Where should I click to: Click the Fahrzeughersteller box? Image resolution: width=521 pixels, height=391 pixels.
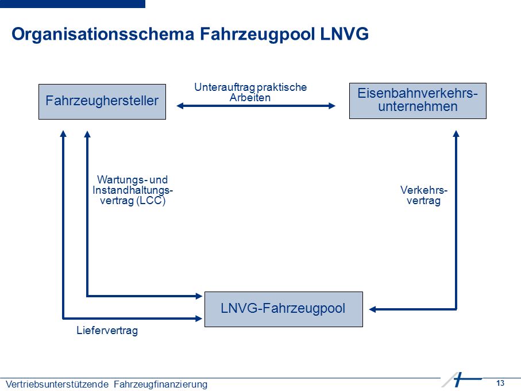click(x=102, y=102)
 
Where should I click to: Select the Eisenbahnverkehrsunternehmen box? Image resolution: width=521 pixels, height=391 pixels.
click(x=418, y=101)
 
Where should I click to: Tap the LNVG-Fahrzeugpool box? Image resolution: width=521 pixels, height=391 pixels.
click(x=283, y=309)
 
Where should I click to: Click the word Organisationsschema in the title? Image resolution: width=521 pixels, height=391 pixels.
click(x=103, y=34)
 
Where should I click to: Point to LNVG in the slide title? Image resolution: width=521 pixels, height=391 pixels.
click(x=344, y=34)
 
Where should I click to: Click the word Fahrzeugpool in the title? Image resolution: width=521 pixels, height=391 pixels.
click(x=257, y=34)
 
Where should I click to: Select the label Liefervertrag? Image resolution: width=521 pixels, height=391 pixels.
click(x=107, y=331)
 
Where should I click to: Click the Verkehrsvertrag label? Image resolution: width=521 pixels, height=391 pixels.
click(x=424, y=195)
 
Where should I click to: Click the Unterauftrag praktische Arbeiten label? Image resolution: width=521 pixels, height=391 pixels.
click(x=250, y=92)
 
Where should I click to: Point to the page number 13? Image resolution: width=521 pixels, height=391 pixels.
click(x=500, y=383)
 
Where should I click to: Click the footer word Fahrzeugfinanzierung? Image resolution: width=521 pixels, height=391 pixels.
click(x=160, y=384)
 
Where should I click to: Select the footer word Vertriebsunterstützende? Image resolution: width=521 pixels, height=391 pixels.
click(x=57, y=384)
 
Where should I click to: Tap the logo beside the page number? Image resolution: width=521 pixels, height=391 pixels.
click(x=461, y=379)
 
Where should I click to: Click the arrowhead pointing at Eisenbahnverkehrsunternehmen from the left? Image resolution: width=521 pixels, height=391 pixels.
click(x=332, y=106)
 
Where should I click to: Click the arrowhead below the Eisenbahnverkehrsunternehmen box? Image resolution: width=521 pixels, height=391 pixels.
click(x=456, y=133)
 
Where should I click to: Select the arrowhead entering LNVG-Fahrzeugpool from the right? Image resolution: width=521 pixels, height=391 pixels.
click(x=372, y=309)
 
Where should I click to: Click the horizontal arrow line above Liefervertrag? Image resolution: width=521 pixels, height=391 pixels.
click(x=132, y=319)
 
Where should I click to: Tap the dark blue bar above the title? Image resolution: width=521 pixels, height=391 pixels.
click(x=72, y=3)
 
